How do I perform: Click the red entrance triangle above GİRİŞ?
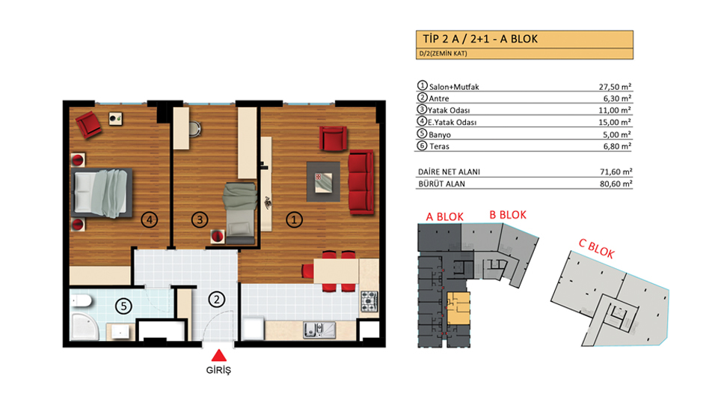(x=219, y=356)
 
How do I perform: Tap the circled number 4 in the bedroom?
(x=149, y=219)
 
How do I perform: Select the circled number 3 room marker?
(x=199, y=219)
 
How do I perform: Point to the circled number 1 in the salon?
(x=294, y=219)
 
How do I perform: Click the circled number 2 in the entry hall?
(x=217, y=300)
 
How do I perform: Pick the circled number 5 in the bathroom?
(x=123, y=306)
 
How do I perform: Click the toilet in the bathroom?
(x=82, y=300)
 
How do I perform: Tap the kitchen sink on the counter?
(x=319, y=330)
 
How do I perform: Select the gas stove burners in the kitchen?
(x=369, y=302)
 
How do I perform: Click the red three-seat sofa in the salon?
(x=361, y=182)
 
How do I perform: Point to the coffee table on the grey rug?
(x=323, y=182)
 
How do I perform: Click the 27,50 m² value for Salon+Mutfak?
(x=615, y=87)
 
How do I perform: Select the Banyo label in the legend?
(x=440, y=135)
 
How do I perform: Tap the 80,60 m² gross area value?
(x=616, y=184)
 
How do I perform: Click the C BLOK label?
(x=596, y=248)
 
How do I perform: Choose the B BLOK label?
(x=508, y=215)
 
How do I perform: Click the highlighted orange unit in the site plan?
(x=458, y=309)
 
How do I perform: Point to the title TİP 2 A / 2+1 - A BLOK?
(x=480, y=39)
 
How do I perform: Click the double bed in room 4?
(x=102, y=193)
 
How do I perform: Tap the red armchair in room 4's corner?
(x=89, y=124)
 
